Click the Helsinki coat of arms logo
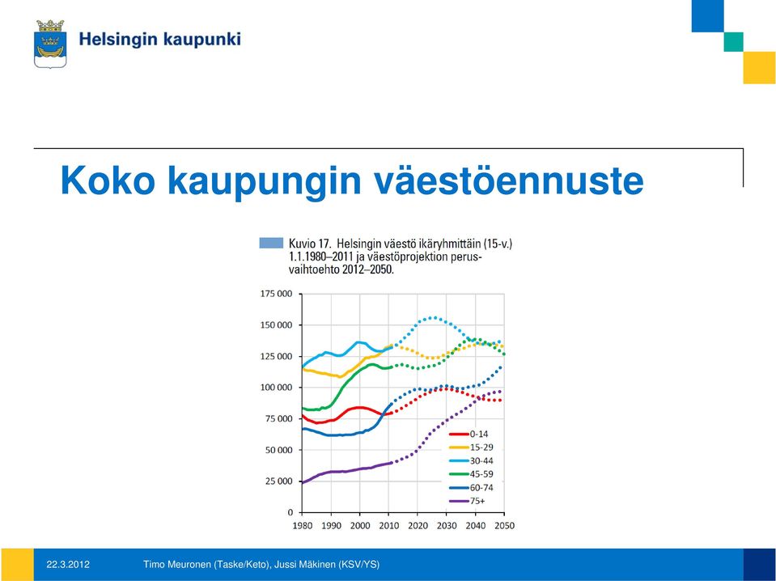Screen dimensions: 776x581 click(x=50, y=44)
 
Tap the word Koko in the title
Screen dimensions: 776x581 click(x=108, y=180)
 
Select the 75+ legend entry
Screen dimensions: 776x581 click(x=467, y=501)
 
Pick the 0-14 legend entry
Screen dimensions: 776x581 click(x=469, y=434)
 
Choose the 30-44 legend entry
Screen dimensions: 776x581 click(x=471, y=460)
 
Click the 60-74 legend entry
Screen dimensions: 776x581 click(x=471, y=487)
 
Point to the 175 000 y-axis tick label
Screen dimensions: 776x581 click(x=276, y=294)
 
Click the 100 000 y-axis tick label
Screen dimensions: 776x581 click(x=276, y=387)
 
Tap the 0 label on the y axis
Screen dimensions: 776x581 click(x=290, y=512)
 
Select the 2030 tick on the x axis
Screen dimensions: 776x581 click(x=447, y=526)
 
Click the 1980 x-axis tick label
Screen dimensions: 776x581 click(x=303, y=526)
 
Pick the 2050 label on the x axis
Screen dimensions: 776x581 click(x=504, y=526)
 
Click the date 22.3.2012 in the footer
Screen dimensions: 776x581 click(x=68, y=564)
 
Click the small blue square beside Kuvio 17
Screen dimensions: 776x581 click(x=271, y=243)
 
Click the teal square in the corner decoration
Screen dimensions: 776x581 click(x=733, y=42)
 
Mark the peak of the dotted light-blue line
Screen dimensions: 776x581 click(x=434, y=318)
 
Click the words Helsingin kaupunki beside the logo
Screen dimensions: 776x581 click(x=160, y=40)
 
